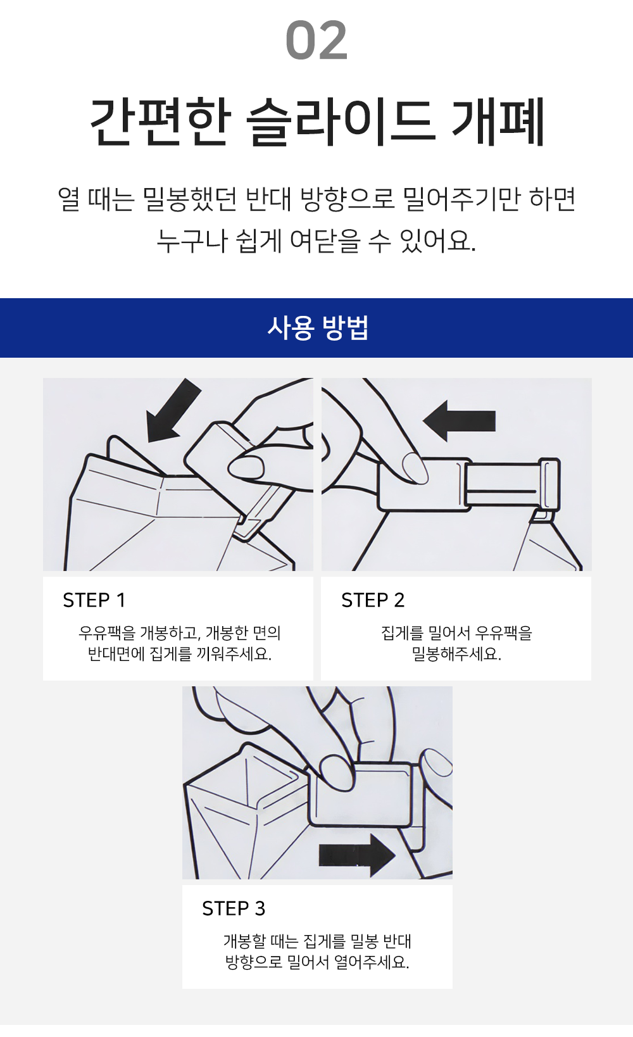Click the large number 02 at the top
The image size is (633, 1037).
tap(316, 41)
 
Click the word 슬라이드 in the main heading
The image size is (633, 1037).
tap(341, 122)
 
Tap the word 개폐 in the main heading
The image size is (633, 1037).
tap(498, 122)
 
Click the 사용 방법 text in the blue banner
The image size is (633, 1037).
tap(317, 328)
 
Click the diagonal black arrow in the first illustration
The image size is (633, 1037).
tap(172, 411)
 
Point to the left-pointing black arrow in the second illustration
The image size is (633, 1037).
tap(459, 421)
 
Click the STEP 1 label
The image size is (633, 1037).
tap(94, 600)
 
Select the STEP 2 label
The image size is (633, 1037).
tap(373, 600)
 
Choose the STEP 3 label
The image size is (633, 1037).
tap(234, 908)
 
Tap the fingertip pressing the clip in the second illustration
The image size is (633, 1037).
tap(414, 468)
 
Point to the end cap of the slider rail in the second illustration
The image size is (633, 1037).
tap(549, 484)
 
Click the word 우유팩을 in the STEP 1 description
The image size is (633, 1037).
tap(108, 632)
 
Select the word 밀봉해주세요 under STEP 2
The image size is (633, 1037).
tap(456, 654)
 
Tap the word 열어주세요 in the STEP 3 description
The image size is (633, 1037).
tap(372, 962)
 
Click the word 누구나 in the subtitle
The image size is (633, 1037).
tap(192, 241)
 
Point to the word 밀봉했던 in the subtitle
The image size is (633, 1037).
tap(190, 199)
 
